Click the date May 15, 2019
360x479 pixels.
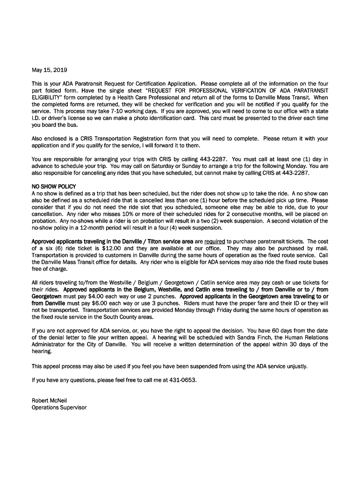pyautogui.click(x=50, y=71)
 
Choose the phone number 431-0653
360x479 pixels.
pyautogui.click(x=182, y=380)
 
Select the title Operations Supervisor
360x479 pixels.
pyautogui.click(x=59, y=407)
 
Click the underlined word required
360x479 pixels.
pyautogui.click(x=215, y=241)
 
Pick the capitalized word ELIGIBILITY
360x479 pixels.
pyautogui.click(x=49, y=97)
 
